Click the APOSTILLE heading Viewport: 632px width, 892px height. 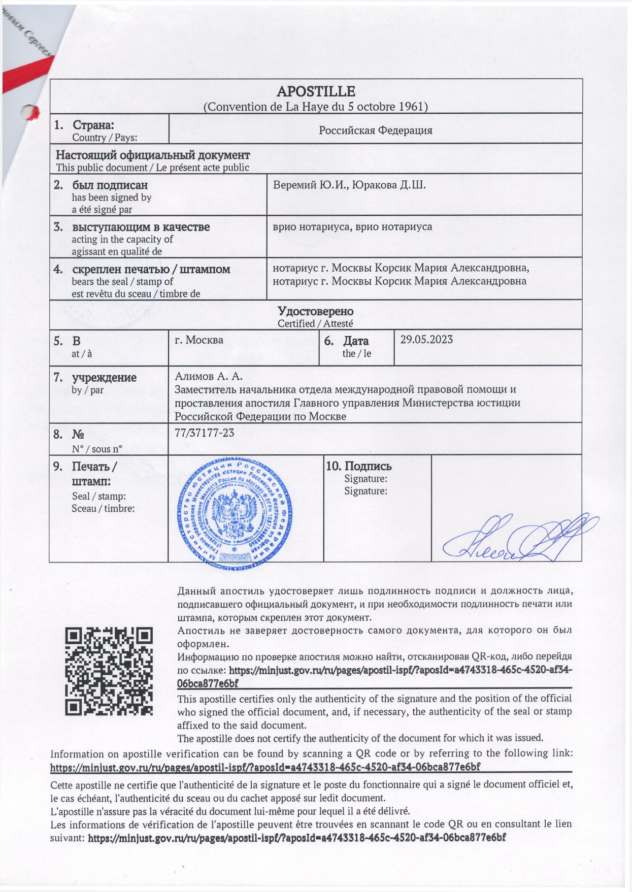tap(315, 91)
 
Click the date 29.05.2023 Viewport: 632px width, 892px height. tap(426, 340)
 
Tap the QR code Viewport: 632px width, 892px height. tap(109, 671)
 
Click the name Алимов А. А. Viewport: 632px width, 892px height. tap(209, 376)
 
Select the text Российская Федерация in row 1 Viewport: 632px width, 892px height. tap(375, 130)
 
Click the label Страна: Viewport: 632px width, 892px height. tap(93, 125)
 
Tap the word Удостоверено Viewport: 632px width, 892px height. tap(315, 311)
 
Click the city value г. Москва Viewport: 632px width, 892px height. tap(199, 340)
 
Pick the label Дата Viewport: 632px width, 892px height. tap(356, 341)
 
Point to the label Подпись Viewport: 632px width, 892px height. tap(368, 466)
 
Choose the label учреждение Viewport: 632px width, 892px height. tap(104, 378)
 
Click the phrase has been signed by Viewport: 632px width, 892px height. tap(111, 197)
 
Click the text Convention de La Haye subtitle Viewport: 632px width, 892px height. tap(315, 107)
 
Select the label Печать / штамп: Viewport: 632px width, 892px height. tap(94, 474)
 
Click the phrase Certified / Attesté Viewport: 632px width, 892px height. tap(315, 323)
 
